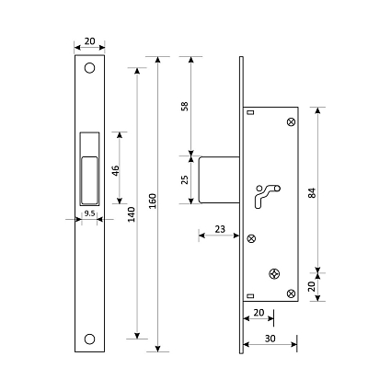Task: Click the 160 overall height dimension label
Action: click(153, 201)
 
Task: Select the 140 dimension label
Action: click(132, 214)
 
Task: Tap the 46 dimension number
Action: click(115, 170)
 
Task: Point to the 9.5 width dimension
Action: click(89, 213)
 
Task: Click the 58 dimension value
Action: click(185, 106)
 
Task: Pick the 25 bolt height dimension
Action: click(185, 179)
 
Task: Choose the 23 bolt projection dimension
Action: click(220, 229)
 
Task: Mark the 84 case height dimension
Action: click(312, 192)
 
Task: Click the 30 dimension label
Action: click(270, 339)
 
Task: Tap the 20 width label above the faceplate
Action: click(89, 41)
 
